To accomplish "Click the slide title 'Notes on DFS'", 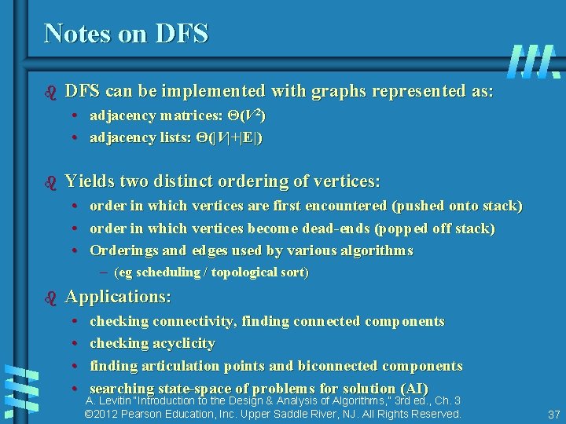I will tap(126, 33).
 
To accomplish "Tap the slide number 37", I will tap(553, 414).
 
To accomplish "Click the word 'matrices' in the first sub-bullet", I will tap(183, 116).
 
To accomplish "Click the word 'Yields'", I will tap(89, 181).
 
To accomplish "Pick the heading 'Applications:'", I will tap(118, 297).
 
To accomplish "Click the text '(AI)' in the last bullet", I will tap(413, 389).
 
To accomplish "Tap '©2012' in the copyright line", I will tap(101, 414).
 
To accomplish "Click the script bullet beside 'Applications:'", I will tap(52, 298).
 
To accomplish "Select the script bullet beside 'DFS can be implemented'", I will tap(52, 92).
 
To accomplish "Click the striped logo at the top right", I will tap(534, 60).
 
